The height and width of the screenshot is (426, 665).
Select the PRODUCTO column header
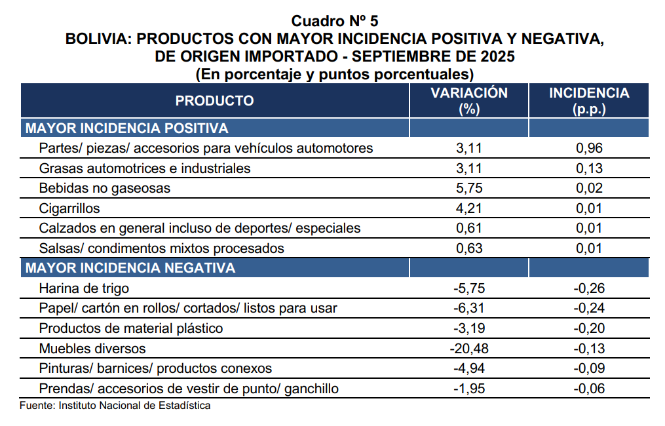click(214, 100)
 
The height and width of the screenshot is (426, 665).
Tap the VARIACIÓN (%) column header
click(469, 101)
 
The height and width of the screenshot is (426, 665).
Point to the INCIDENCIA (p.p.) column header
click(589, 101)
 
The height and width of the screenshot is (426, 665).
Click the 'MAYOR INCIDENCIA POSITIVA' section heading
click(126, 128)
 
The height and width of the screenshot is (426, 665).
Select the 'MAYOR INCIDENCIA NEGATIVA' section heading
click(130, 268)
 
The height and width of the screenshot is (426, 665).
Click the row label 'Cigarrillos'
click(69, 208)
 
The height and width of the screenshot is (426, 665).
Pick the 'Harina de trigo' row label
click(84, 288)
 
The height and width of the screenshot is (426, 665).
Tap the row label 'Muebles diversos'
click(92, 348)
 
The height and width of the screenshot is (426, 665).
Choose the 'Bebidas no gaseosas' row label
click(105, 188)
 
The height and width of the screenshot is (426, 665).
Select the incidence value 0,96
click(589, 148)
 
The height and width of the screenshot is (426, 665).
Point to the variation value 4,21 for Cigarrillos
click(469, 208)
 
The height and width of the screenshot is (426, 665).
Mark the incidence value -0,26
click(588, 288)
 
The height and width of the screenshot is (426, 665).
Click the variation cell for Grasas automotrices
click(469, 168)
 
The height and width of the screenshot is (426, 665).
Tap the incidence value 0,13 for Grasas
click(589, 168)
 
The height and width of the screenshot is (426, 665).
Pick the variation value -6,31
click(468, 308)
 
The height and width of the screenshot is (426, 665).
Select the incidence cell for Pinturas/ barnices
click(588, 368)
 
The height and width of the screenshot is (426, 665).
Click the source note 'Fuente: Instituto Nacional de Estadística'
click(115, 405)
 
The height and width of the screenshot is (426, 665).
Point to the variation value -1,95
click(468, 389)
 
